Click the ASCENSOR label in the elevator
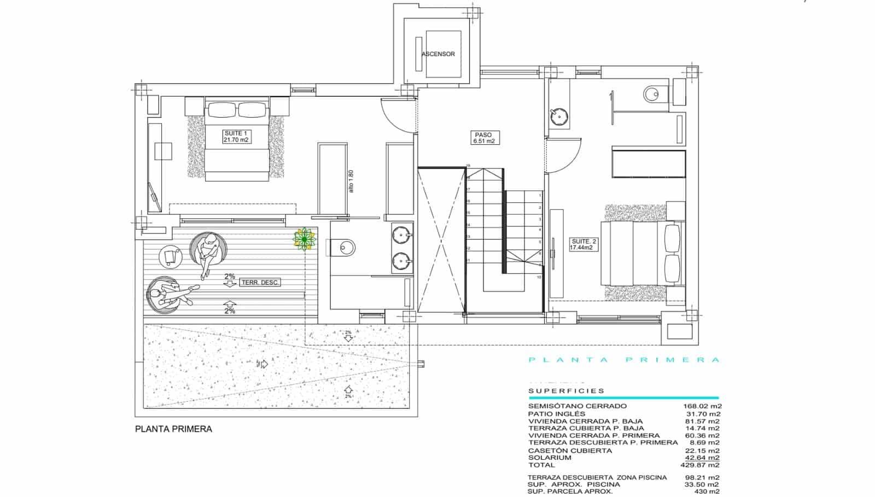(x=438, y=54)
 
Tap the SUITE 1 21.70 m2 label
(x=236, y=137)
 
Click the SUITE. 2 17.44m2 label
(x=583, y=244)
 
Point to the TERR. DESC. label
(x=260, y=283)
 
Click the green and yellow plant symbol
(x=304, y=239)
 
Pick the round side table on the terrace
(x=171, y=256)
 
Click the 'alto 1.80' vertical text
(x=352, y=181)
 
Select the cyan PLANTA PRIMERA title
(x=623, y=360)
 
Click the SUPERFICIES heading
(x=567, y=391)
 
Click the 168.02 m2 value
(x=702, y=406)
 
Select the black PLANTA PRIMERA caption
(x=173, y=429)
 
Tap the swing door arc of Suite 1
(x=398, y=115)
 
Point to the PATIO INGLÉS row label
(x=556, y=414)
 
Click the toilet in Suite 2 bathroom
(x=654, y=95)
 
